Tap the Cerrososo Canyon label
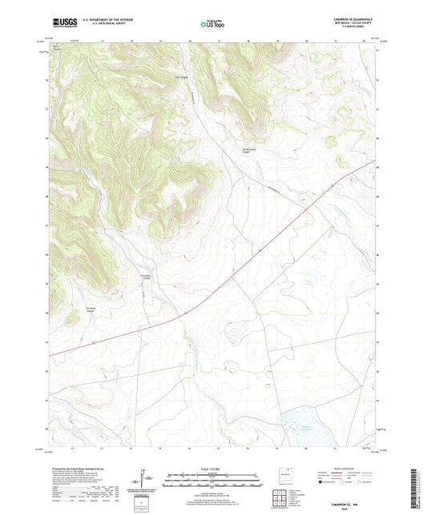tap(146, 277)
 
